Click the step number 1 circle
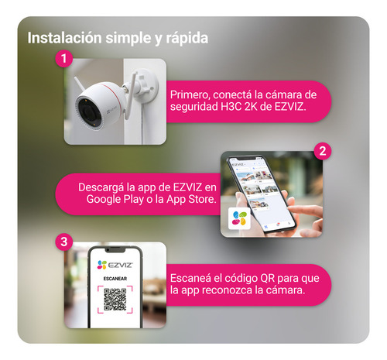64,58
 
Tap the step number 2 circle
323,151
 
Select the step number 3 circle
64,242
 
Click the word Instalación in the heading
65,38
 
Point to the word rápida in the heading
187,39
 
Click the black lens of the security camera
87,111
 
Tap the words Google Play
115,200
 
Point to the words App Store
191,200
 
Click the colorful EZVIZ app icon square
239,218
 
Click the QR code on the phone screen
115,300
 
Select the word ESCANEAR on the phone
115,279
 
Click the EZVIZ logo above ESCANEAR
115,265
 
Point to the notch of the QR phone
115,250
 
